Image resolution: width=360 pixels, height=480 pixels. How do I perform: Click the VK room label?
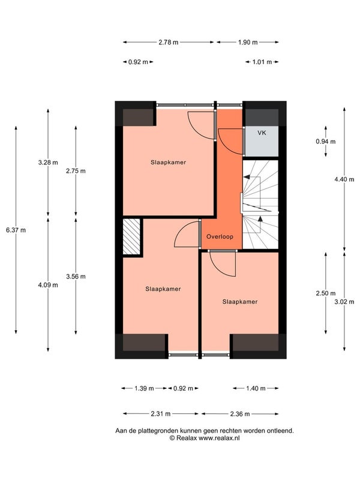pyautogui.click(x=262, y=133)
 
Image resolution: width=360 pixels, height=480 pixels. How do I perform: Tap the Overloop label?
pyautogui.click(x=220, y=236)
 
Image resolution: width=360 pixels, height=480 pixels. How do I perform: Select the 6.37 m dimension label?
pyautogui.click(x=16, y=230)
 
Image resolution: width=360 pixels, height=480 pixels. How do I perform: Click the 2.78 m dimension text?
pyautogui.click(x=169, y=42)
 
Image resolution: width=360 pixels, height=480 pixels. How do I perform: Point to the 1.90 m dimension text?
pyautogui.click(x=248, y=42)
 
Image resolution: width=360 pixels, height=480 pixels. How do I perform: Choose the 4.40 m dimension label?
pyautogui.click(x=344, y=179)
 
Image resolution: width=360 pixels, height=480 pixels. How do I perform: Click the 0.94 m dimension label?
pyautogui.click(x=326, y=142)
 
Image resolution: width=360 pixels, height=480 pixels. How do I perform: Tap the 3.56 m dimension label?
pyautogui.click(x=76, y=277)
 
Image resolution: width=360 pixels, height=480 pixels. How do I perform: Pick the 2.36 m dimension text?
pyautogui.click(x=240, y=414)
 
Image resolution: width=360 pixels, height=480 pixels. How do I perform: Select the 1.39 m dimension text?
pyautogui.click(x=144, y=388)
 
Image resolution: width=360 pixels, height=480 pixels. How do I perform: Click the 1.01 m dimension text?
pyautogui.click(x=262, y=62)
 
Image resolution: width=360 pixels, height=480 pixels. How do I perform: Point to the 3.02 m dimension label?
pyautogui.click(x=344, y=302)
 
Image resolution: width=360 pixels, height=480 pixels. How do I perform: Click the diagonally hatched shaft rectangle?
pyautogui.click(x=131, y=236)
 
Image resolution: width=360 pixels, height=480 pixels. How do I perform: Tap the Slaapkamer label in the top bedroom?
pyautogui.click(x=169, y=162)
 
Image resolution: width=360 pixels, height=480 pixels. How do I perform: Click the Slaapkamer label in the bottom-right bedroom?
pyautogui.click(x=240, y=302)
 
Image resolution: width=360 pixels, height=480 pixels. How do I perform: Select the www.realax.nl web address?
pyautogui.click(x=219, y=438)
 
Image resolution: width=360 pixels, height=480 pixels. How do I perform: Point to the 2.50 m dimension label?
pyautogui.click(x=326, y=293)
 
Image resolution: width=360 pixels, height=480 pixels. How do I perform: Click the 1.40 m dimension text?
pyautogui.click(x=256, y=388)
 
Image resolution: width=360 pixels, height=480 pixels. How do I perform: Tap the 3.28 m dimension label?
pyautogui.click(x=48, y=163)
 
